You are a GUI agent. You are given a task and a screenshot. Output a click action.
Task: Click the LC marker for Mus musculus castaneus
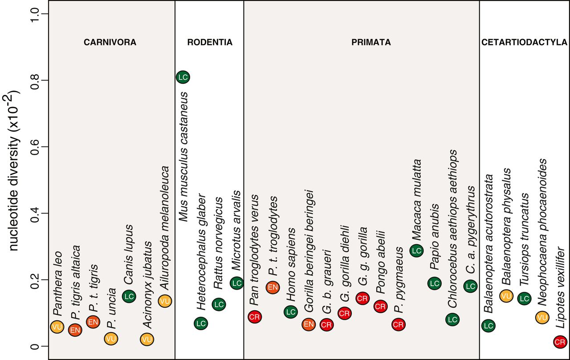(x=183, y=77)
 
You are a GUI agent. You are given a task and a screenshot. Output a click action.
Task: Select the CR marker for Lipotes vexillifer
(x=560, y=342)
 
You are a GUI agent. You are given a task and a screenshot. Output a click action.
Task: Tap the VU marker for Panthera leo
(x=57, y=327)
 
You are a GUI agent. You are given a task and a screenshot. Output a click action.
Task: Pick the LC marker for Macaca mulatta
(x=416, y=250)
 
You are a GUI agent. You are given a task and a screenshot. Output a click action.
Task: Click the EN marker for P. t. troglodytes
(x=273, y=287)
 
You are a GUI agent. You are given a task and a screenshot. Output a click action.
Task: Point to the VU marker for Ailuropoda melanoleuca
(x=165, y=301)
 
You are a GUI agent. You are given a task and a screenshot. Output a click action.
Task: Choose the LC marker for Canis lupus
(x=129, y=296)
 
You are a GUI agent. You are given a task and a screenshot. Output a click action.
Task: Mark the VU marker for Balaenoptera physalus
(x=506, y=295)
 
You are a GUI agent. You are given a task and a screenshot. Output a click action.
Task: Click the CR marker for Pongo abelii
(x=380, y=307)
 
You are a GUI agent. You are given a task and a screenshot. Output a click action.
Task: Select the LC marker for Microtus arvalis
(x=236, y=282)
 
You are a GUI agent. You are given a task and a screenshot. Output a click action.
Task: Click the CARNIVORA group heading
(x=110, y=43)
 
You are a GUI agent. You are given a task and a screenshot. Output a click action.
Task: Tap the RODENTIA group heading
(x=210, y=43)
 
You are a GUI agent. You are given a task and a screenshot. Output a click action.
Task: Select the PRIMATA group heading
(x=371, y=43)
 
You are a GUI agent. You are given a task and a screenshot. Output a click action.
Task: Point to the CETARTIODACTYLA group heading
(x=524, y=43)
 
